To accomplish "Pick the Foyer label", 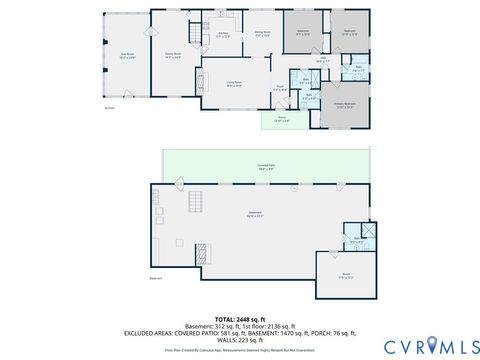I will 280,90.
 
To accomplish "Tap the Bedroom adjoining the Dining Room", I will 303,33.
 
